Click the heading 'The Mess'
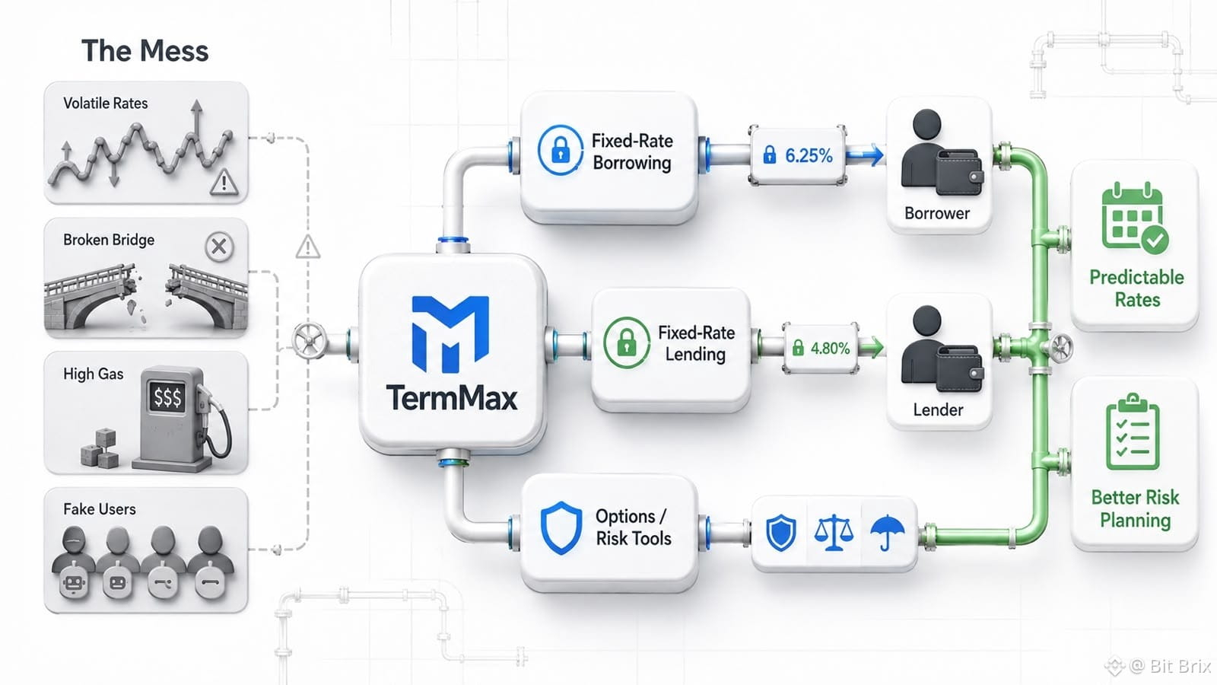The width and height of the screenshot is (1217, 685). tap(145, 51)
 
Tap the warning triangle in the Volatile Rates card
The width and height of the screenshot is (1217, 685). tap(224, 182)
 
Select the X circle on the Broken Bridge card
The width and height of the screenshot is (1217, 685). tap(219, 247)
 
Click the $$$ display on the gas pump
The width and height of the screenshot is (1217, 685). tap(167, 397)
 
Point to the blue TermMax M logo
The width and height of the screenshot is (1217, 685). tap(450, 334)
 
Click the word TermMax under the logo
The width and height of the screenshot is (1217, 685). tap(452, 397)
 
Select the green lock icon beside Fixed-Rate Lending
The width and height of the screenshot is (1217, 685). tap(627, 343)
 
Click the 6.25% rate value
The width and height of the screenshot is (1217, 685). tap(809, 156)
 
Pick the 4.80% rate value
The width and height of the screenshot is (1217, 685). tap(830, 348)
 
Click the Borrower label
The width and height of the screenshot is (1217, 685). tap(936, 213)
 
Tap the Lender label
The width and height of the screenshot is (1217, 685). tap(938, 409)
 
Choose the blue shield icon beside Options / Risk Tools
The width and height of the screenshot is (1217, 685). tap(561, 528)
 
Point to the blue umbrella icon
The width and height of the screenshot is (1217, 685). tap(887, 532)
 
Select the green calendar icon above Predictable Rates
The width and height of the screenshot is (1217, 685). tap(1134, 218)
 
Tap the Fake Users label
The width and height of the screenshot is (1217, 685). tap(100, 509)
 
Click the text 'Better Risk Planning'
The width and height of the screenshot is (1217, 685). tap(1135, 509)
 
